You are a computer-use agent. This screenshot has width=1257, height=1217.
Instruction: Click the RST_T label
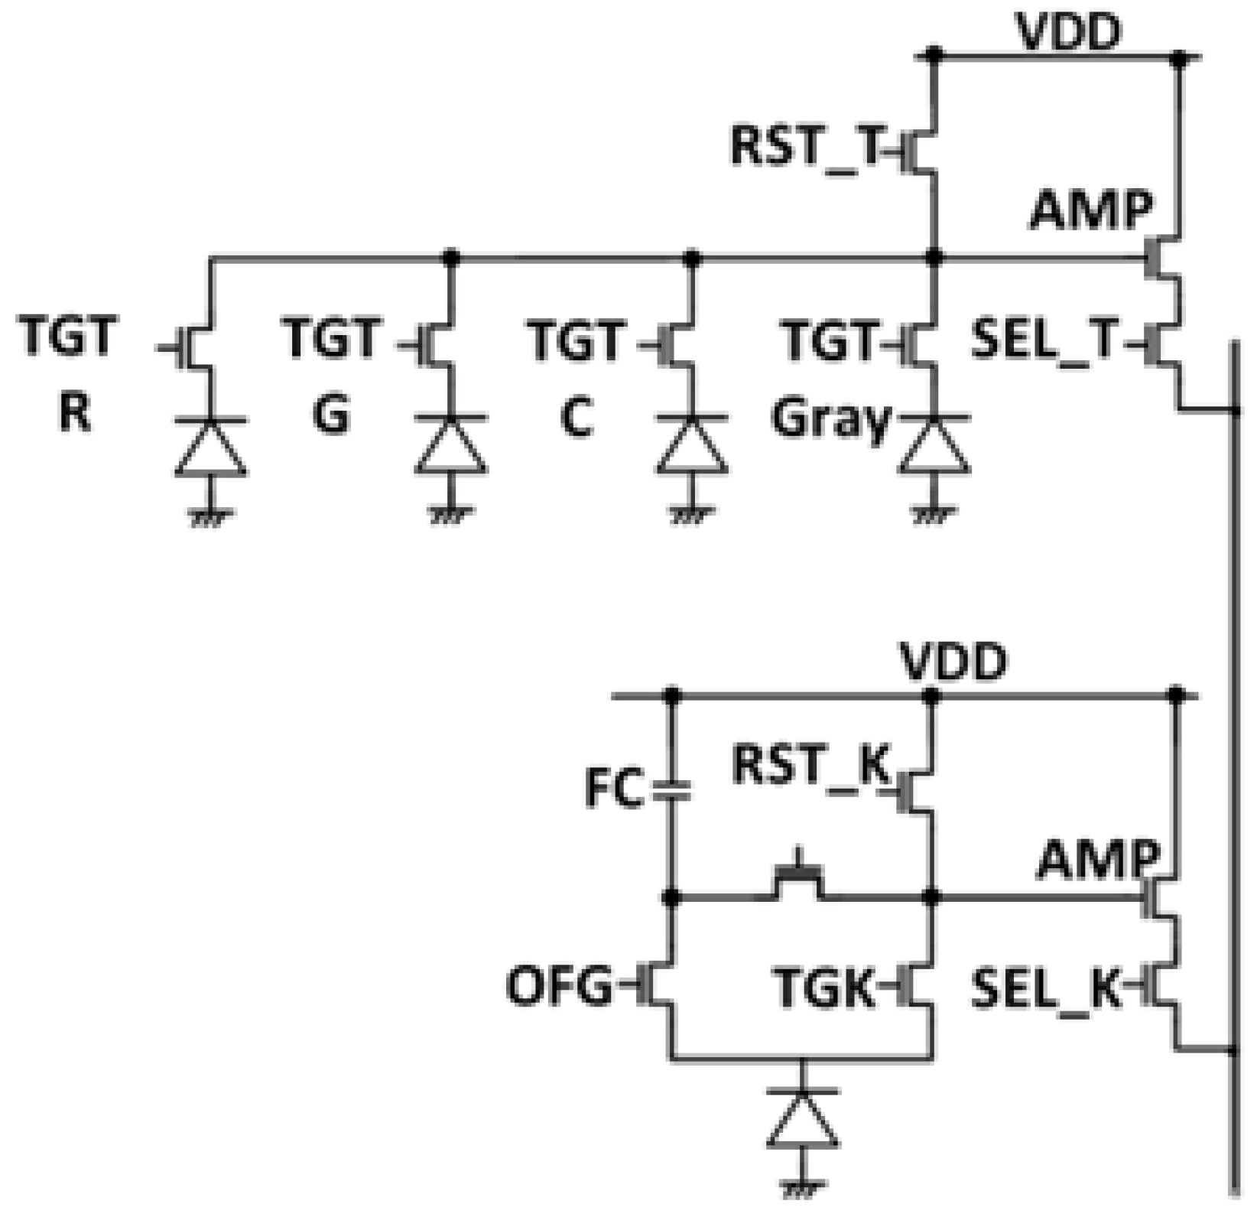click(806, 147)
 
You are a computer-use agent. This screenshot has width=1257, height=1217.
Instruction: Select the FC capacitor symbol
click(672, 791)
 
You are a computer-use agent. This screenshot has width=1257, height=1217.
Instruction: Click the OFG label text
click(559, 987)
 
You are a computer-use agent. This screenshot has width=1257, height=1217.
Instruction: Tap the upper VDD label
click(1069, 32)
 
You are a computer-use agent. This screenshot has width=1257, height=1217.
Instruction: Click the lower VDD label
click(953, 662)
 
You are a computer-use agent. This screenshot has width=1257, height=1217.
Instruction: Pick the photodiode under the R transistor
click(211, 447)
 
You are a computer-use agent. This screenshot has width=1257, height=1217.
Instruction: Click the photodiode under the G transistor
click(451, 447)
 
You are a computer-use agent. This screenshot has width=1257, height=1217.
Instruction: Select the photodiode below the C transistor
click(692, 447)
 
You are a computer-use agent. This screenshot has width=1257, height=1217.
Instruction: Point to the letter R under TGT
click(74, 414)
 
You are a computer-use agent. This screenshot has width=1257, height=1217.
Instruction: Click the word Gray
click(831, 419)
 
